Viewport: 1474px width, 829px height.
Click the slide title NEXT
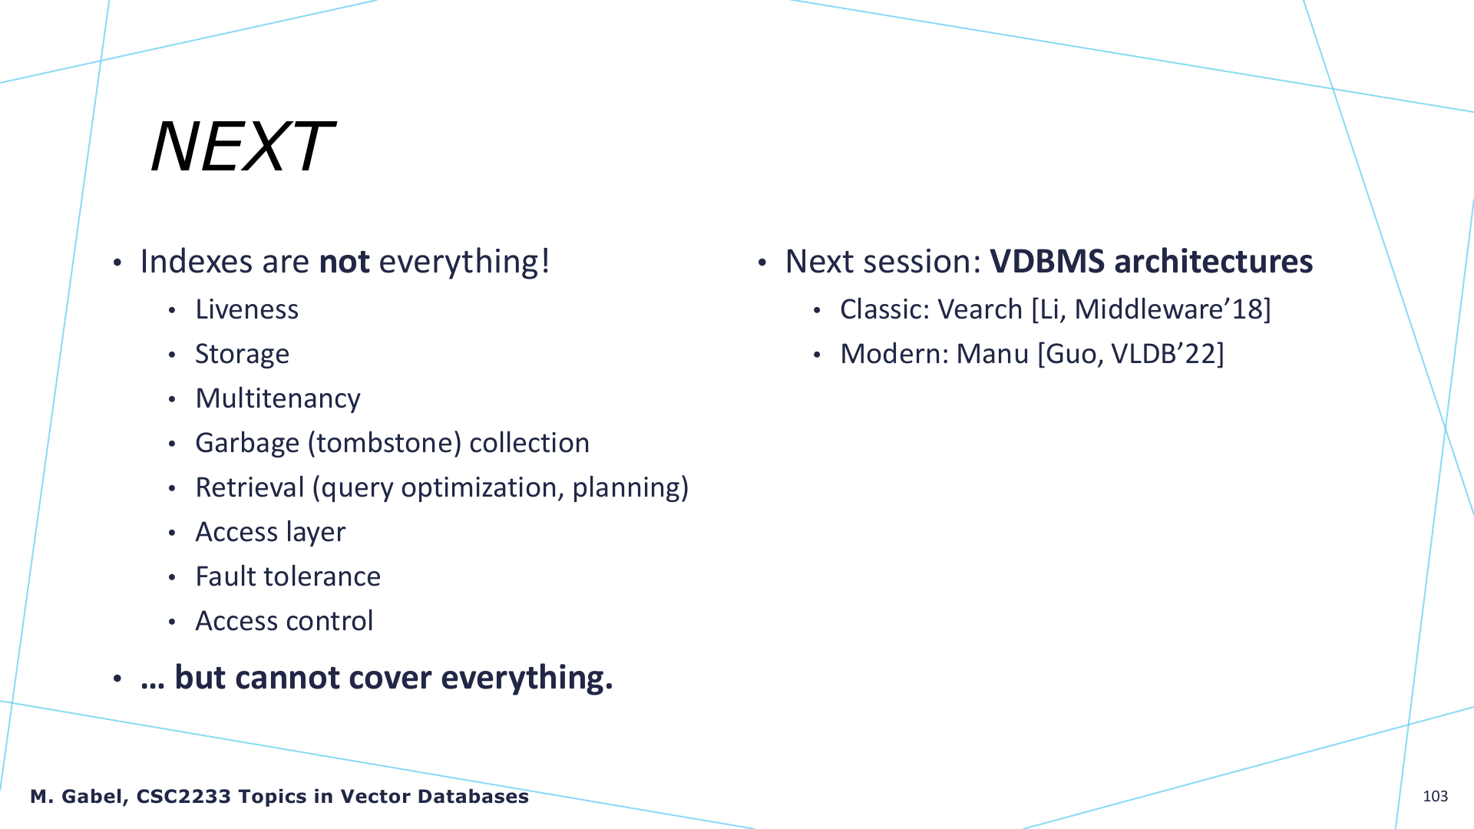(x=242, y=147)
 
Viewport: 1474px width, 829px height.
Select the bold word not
(x=344, y=262)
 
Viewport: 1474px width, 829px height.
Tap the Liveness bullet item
(x=246, y=309)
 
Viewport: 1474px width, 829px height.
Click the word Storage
(x=242, y=354)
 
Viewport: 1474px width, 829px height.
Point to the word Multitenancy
(x=278, y=398)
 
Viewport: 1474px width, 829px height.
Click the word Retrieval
(x=250, y=487)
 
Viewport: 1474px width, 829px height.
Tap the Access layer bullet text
(x=270, y=532)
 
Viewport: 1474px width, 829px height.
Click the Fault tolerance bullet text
(x=288, y=576)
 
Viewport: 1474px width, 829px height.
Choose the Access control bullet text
(x=284, y=621)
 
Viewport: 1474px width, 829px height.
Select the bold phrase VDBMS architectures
(x=1151, y=262)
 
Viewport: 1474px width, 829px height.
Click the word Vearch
(x=980, y=309)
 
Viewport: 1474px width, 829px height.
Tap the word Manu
(x=992, y=354)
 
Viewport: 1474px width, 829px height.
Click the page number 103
(x=1435, y=796)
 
